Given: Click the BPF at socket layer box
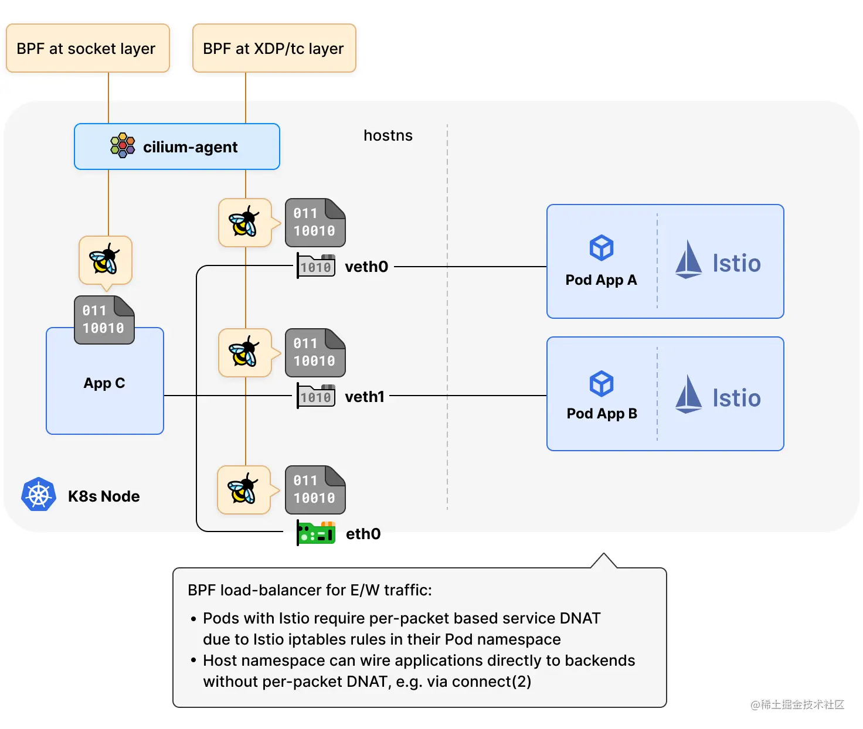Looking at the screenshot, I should [x=87, y=49].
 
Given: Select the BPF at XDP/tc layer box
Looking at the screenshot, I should [x=274, y=49].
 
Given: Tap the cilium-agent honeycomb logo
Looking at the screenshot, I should [x=123, y=146].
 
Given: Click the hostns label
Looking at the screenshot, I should [x=388, y=135].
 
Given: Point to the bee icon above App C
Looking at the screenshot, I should [x=105, y=260].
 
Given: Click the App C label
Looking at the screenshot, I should [x=104, y=383].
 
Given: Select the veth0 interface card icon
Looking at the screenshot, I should [x=316, y=266].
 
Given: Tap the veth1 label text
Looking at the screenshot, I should [x=365, y=397].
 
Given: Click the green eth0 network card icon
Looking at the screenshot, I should [x=316, y=533].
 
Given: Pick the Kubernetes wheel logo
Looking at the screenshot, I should [x=39, y=495].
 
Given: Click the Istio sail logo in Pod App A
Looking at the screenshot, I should [x=688, y=260].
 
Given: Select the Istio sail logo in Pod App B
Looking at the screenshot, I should [x=688, y=394].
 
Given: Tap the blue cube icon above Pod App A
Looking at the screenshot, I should [x=602, y=248].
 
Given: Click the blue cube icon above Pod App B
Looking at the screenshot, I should [x=602, y=384].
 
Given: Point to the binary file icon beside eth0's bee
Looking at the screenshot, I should [x=315, y=490].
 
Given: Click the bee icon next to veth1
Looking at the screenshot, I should [x=245, y=353].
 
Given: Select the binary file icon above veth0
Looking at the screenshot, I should [x=315, y=223].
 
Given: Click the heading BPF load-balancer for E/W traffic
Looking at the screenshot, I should [x=310, y=590].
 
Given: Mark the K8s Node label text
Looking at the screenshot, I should [x=104, y=496].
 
